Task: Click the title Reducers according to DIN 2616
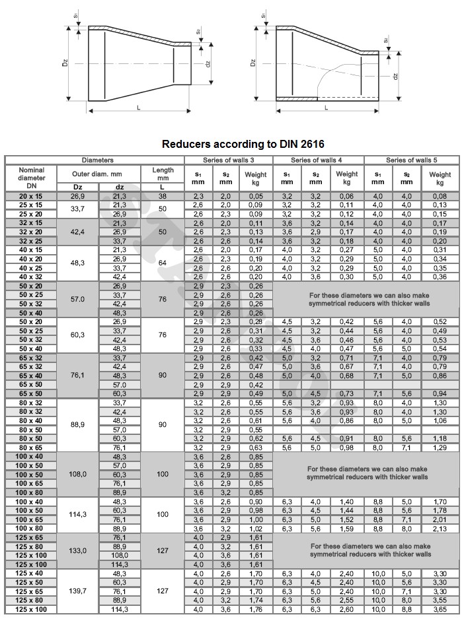pyautogui.click(x=243, y=144)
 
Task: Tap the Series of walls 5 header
pyautogui.click(x=410, y=160)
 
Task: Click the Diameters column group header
pyautogui.click(x=97, y=160)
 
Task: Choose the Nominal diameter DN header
pyautogui.click(x=31, y=178)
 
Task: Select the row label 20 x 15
pyautogui.click(x=31, y=196)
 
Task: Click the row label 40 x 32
pyautogui.click(x=31, y=277)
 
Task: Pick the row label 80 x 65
pyautogui.click(x=31, y=447)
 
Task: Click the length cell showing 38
pyautogui.click(x=162, y=196)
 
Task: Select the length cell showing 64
pyautogui.click(x=162, y=263)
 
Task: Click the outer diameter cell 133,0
pyautogui.click(x=79, y=550)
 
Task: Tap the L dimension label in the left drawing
pyautogui.click(x=137, y=107)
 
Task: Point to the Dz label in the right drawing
pyautogui.click(x=253, y=63)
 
